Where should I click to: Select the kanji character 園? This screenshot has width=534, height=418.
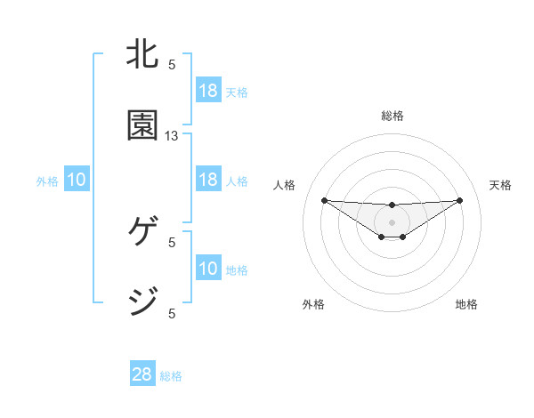tap(144, 125)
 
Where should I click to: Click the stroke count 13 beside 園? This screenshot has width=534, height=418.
tap(172, 136)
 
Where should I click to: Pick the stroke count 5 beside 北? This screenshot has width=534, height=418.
tap(172, 64)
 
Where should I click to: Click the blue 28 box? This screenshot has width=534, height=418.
tap(142, 374)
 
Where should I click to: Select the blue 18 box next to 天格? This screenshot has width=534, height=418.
tap(208, 91)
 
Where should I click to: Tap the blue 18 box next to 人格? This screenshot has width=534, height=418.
tap(208, 180)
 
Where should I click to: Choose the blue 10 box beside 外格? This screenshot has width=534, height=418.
tap(77, 181)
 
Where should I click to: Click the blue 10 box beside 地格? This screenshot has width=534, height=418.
tap(208, 269)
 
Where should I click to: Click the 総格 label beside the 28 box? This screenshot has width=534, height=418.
tap(171, 376)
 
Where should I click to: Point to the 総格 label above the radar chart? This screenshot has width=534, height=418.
tap(392, 116)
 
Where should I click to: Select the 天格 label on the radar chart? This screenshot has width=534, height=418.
tap(500, 185)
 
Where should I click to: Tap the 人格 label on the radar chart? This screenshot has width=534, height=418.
tap(284, 185)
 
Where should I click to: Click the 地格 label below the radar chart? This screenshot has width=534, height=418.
tap(466, 304)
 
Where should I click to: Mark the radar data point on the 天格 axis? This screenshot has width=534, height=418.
tap(460, 200)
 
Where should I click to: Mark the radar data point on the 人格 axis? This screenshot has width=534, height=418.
tap(324, 200)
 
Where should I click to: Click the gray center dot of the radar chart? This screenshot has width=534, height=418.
tap(392, 222)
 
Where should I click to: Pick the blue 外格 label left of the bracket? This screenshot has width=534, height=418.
tap(47, 181)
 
